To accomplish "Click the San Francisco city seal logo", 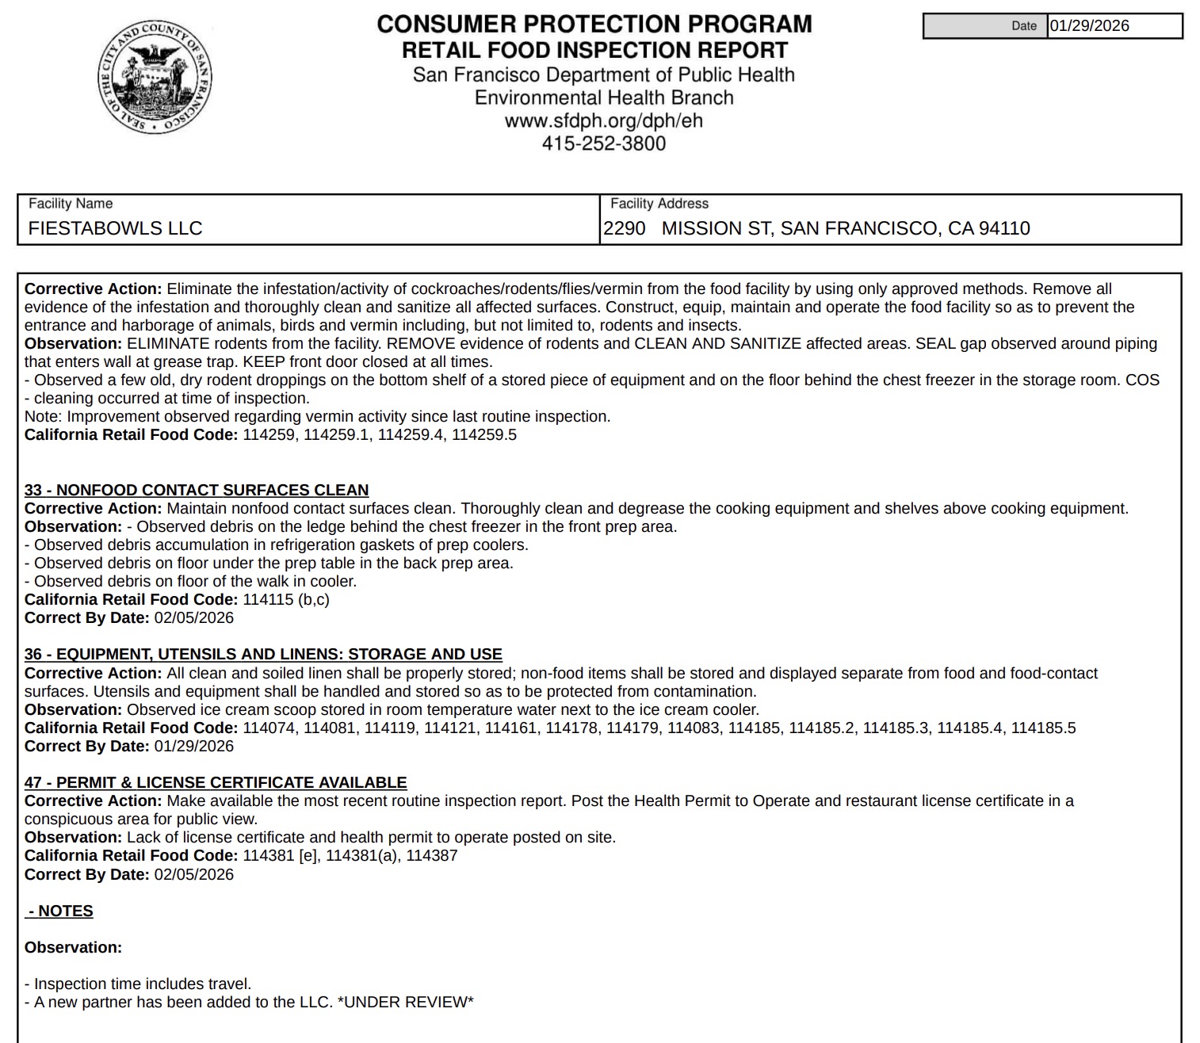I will tap(155, 78).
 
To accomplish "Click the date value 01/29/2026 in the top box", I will tap(1090, 25).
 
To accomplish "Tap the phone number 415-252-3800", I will tap(603, 143).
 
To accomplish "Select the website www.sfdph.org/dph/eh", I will tap(603, 120).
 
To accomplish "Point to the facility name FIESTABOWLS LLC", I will tap(115, 228).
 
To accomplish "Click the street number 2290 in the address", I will tap(625, 228).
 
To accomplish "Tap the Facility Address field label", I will tap(659, 204).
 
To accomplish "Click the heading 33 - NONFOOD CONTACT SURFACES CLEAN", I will tap(197, 490).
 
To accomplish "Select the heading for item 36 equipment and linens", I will tap(263, 654).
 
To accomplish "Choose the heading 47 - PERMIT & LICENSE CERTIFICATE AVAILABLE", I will tap(216, 782).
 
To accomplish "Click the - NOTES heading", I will tap(60, 911).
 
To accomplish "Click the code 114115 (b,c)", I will tap(286, 599).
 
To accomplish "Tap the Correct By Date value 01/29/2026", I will tap(194, 746).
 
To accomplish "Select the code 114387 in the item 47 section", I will tap(432, 855).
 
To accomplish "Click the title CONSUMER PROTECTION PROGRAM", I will tap(594, 24).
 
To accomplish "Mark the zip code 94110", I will tap(1004, 228).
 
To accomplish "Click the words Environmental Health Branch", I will tap(604, 97).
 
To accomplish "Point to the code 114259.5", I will tap(484, 434).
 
